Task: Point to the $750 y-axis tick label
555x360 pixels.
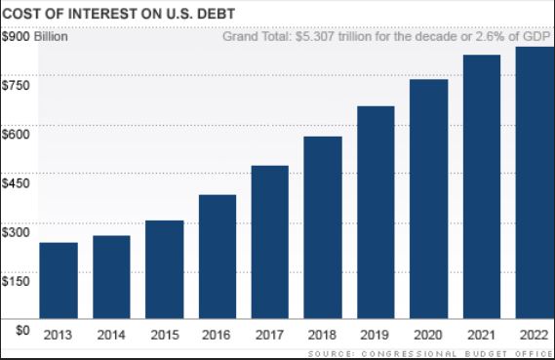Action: click(x=18, y=85)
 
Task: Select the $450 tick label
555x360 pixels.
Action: click(x=18, y=182)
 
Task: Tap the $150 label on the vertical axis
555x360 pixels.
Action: click(x=18, y=280)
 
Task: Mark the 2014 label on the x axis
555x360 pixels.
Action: click(x=111, y=335)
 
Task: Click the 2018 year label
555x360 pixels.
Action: click(x=322, y=335)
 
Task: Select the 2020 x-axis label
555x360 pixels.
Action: click(x=428, y=335)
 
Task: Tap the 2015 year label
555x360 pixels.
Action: click(x=164, y=335)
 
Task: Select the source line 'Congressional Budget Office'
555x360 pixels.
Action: click(x=468, y=352)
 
